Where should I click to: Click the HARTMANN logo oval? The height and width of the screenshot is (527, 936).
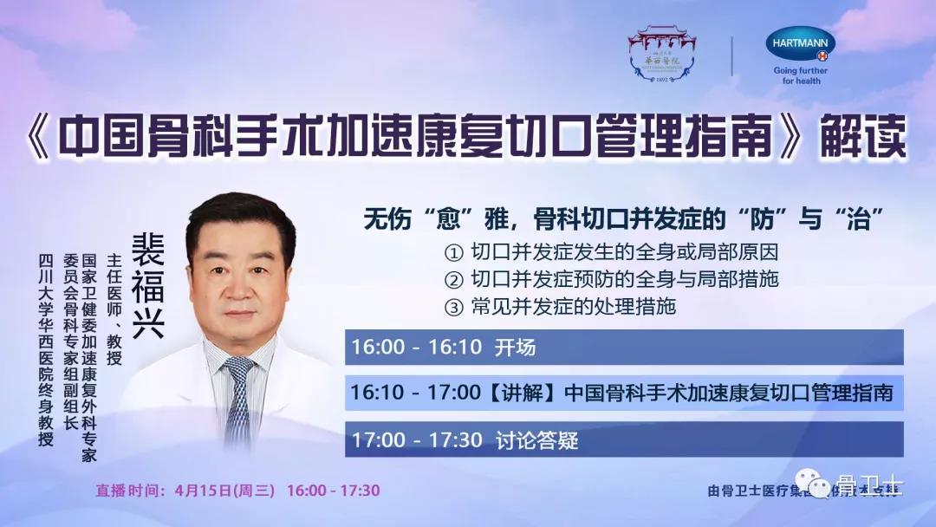pyautogui.click(x=800, y=44)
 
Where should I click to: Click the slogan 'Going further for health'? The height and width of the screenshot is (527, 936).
pyautogui.click(x=800, y=75)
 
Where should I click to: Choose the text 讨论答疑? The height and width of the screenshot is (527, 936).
pyautogui.click(x=536, y=439)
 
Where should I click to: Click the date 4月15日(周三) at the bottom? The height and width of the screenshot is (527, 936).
pyautogui.click(x=224, y=491)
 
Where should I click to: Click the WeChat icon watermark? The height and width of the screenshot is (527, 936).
pyautogui.click(x=818, y=486)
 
